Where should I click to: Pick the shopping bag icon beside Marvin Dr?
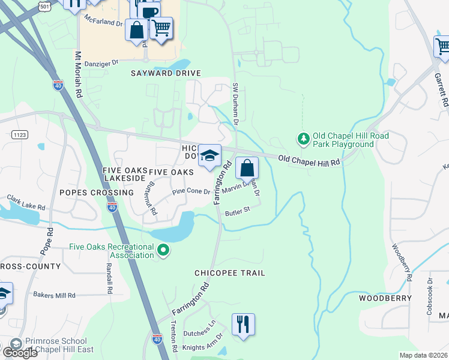247,168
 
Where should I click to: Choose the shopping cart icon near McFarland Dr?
161,28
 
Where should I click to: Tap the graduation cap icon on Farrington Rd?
209,155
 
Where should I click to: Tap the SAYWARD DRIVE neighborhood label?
166,73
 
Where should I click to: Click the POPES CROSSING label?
96,193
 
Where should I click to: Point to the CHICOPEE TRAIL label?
229,273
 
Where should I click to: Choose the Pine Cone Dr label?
191,192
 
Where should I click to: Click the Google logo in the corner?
20,353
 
